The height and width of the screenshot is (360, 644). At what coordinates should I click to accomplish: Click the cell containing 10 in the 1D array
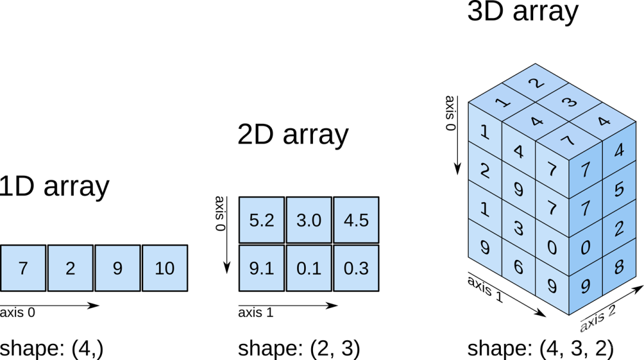point(165,268)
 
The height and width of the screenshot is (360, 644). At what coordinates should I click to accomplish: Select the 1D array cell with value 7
point(23,268)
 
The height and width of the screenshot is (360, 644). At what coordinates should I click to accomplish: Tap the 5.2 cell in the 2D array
point(262,220)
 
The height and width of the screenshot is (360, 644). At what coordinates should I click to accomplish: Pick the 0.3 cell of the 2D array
point(356,268)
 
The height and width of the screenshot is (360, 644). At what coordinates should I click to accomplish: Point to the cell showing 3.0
point(309,220)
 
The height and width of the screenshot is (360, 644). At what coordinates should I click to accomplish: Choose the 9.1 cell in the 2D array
point(262,268)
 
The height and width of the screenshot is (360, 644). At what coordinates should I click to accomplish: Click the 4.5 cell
point(356,220)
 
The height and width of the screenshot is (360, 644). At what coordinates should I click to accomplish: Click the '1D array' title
point(54,186)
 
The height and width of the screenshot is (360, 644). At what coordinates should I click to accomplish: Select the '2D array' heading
point(293,134)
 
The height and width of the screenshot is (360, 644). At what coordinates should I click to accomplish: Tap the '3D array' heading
point(523,11)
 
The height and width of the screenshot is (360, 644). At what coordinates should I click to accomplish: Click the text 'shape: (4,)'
point(51,349)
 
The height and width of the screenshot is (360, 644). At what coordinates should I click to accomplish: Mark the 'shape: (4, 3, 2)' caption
point(540,349)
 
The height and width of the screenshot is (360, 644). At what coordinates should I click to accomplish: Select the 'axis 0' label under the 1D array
point(17,312)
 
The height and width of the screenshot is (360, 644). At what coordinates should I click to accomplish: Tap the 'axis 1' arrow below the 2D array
point(288,305)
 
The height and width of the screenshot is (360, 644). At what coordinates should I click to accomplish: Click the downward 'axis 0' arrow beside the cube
point(457,135)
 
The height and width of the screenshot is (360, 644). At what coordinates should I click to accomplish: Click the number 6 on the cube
point(518,267)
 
